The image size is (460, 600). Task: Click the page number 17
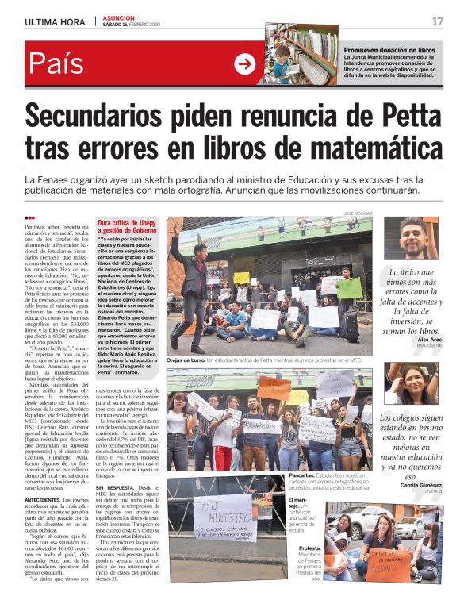click(437, 21)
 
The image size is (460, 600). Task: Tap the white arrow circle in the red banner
click(245, 64)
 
